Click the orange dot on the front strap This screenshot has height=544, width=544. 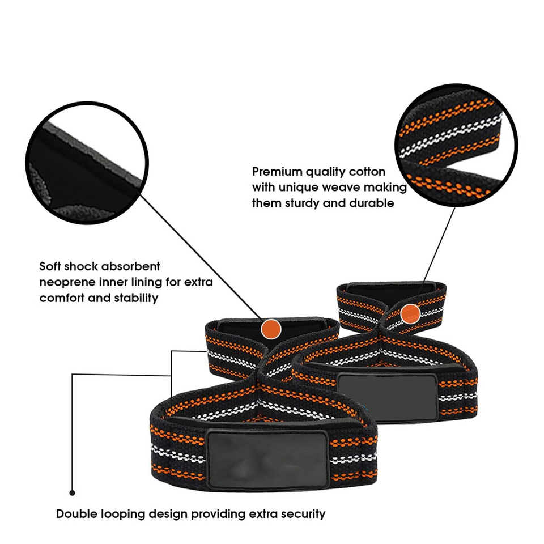pyautogui.click(x=271, y=329)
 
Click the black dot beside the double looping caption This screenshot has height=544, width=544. pyautogui.click(x=72, y=492)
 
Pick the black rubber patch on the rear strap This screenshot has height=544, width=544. pyautogui.click(x=387, y=397)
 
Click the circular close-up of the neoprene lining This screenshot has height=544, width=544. pyautogui.click(x=87, y=163)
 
